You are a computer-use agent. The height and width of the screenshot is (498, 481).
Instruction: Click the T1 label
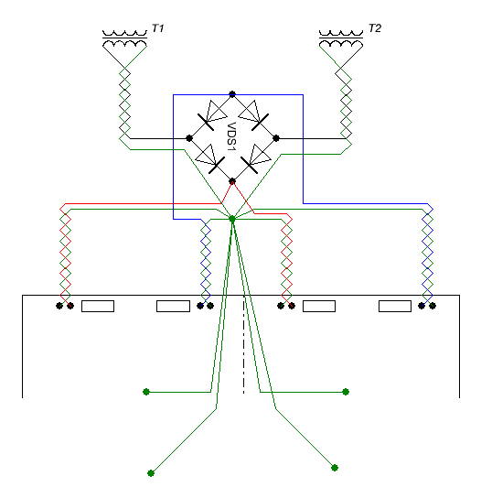tap(157, 28)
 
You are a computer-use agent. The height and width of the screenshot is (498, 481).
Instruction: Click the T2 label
tap(375, 28)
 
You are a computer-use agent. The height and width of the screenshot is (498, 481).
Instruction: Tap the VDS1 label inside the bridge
tap(232, 136)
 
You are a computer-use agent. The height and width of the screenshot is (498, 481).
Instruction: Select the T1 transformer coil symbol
tap(124, 38)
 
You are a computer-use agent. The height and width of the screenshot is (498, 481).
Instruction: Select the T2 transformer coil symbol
tap(341, 38)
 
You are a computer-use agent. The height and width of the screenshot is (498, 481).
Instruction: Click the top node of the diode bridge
tap(232, 94)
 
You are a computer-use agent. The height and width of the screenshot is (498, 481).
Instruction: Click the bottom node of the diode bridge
tap(232, 181)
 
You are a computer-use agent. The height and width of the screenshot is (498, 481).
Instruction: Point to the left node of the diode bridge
tap(189, 138)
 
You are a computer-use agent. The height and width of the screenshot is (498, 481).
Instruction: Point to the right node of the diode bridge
tap(276, 138)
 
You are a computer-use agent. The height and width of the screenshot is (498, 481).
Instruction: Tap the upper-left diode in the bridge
tap(212, 115)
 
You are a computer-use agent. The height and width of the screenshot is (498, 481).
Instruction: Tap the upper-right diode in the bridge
tap(253, 115)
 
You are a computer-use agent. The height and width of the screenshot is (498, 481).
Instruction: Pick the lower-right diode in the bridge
tap(256, 158)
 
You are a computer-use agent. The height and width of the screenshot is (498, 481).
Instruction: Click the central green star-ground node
tap(232, 219)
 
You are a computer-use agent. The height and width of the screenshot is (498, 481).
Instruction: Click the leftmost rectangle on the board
tap(98, 306)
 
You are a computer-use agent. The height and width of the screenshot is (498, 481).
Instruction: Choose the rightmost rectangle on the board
tap(395, 306)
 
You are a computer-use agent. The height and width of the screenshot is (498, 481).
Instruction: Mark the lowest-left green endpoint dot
tap(151, 473)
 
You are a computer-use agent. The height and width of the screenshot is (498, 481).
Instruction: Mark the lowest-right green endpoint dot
tap(335, 468)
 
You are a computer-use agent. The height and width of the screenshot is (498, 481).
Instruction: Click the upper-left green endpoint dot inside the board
tap(146, 392)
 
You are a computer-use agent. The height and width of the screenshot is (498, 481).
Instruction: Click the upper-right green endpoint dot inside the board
tap(346, 392)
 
